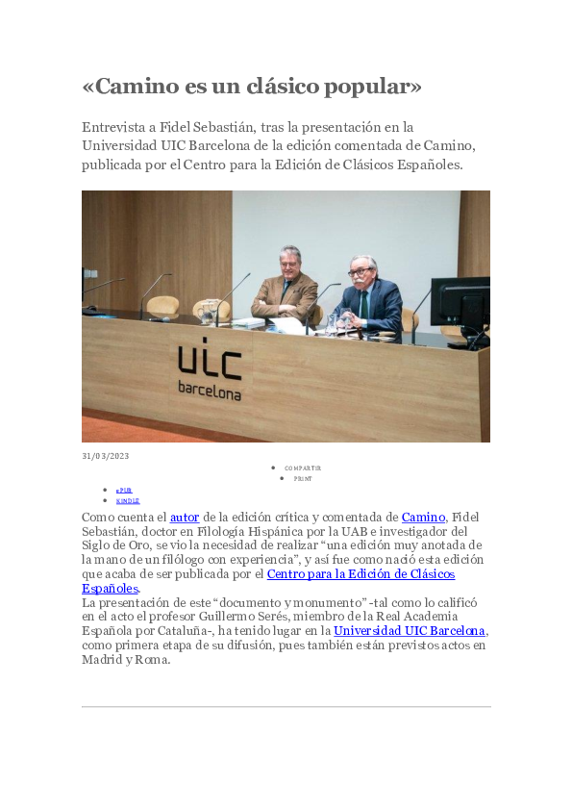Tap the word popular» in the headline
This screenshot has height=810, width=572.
pyautogui.click(x=375, y=87)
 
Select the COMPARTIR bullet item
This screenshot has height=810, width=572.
pyautogui.click(x=303, y=468)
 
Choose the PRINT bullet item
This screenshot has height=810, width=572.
pyautogui.click(x=303, y=478)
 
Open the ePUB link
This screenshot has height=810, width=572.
pyautogui.click(x=124, y=490)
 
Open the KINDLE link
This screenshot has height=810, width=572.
pyautogui.click(x=128, y=500)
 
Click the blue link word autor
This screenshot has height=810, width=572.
pyautogui.click(x=185, y=518)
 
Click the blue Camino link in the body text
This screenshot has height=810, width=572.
pyautogui.click(x=423, y=518)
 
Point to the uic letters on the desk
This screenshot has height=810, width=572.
pyautogui.click(x=210, y=363)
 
